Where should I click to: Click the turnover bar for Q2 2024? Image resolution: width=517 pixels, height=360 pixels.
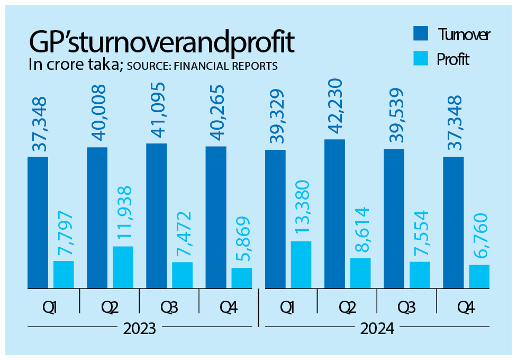(x=334, y=214)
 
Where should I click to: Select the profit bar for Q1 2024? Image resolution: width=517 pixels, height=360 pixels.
(x=301, y=265)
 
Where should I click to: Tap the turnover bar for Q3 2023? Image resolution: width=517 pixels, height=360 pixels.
(x=156, y=216)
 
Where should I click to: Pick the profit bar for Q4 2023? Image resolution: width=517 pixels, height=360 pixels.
(x=242, y=278)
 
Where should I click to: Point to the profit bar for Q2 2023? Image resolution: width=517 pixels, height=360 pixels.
(x=123, y=267)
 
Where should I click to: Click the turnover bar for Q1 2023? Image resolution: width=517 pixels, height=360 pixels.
(x=38, y=222)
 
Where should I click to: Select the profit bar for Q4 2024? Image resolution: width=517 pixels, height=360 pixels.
(x=479, y=276)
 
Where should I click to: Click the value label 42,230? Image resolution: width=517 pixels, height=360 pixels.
(x=334, y=108)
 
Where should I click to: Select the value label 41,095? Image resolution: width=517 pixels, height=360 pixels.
(x=157, y=110)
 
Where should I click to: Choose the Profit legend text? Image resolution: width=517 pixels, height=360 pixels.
(x=453, y=59)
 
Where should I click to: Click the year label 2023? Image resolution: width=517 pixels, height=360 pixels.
(x=140, y=329)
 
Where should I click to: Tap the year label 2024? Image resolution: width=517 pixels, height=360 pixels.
(x=377, y=329)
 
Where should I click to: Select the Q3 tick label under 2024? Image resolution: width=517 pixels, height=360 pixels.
(x=406, y=307)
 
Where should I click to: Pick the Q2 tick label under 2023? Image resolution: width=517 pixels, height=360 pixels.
(x=110, y=307)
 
